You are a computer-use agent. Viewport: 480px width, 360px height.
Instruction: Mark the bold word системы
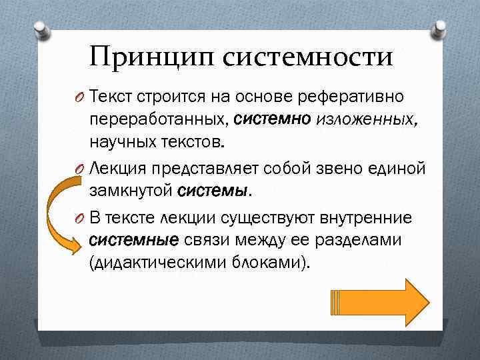pos(213,191)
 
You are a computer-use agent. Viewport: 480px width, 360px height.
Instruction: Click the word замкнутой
pos(131,191)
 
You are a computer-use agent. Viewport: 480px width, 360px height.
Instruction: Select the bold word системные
pos(133,240)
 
